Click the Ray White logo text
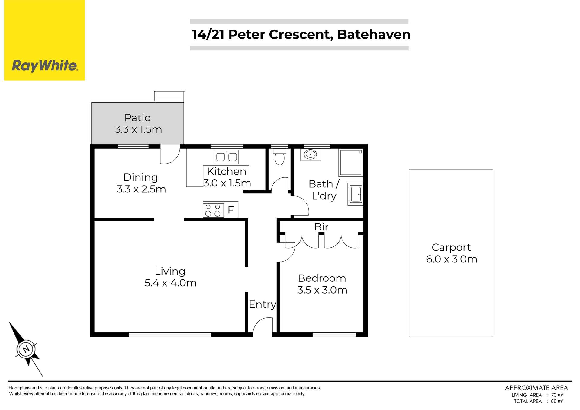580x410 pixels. (45, 65)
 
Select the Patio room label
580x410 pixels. (137, 118)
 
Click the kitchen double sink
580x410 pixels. (226, 157)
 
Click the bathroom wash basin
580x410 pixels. (310, 154)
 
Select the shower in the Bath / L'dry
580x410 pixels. (351, 162)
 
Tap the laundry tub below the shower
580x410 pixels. (355, 194)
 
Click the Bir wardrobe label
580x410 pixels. (321, 227)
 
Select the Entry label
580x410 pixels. (262, 304)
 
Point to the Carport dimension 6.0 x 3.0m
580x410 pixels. (451, 259)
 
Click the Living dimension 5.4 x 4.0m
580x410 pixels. (170, 283)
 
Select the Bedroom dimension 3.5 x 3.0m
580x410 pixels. (322, 290)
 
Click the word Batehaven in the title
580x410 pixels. (374, 34)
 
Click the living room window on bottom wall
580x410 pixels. (170, 335)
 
